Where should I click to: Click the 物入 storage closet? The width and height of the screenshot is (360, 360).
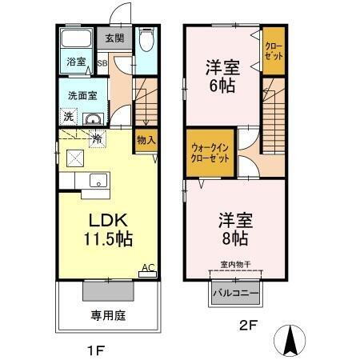click(146, 141)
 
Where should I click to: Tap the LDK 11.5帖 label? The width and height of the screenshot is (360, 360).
click(106, 229)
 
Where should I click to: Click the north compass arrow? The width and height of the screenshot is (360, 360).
click(290, 342)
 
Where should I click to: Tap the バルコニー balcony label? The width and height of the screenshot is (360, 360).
click(234, 294)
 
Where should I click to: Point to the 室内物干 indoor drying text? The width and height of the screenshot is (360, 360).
click(234, 264)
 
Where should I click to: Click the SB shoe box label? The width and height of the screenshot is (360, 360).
click(102, 62)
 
